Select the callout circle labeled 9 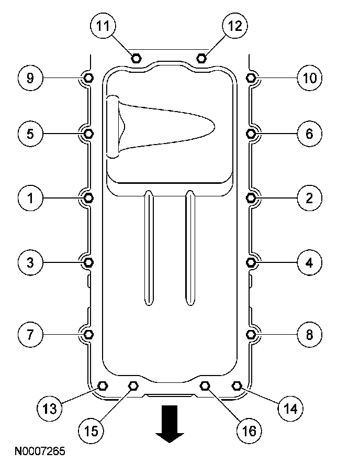pyautogui.click(x=30, y=79)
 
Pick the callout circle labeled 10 pyautogui.click(x=309, y=79)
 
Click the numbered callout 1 pyautogui.click(x=30, y=197)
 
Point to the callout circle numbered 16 pyautogui.click(x=249, y=431)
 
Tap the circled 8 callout pyautogui.click(x=309, y=334)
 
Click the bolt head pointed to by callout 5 pyautogui.click(x=88, y=134)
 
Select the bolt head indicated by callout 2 pyautogui.click(x=251, y=197)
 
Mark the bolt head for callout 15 pyautogui.click(x=133, y=386)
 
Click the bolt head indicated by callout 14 pyautogui.click(x=237, y=386)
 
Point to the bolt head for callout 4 pyautogui.click(x=251, y=261)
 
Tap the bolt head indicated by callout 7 pyautogui.click(x=88, y=334)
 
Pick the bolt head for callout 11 pyautogui.click(x=136, y=58)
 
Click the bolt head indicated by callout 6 pyautogui.click(x=251, y=134)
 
